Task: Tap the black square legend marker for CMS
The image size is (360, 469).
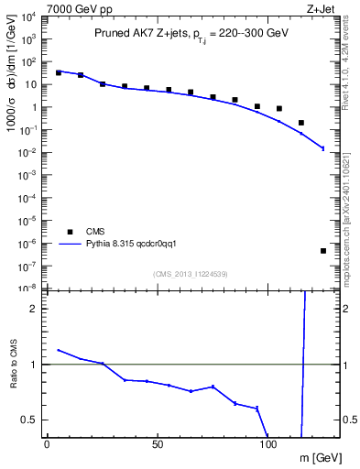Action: pyautogui.click(x=70, y=232)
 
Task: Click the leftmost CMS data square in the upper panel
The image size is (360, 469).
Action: pyautogui.click(x=59, y=72)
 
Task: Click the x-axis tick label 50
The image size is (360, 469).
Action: pyautogui.click(x=158, y=444)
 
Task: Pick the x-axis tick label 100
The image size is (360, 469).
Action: pyautogui.click(x=268, y=444)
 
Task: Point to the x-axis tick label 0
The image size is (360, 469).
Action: pyautogui.click(x=48, y=444)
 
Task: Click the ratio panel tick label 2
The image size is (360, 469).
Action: pyautogui.click(x=33, y=309)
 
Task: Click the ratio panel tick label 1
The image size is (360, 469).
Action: pyautogui.click(x=33, y=365)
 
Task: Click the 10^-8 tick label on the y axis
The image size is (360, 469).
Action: pyautogui.click(x=27, y=288)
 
